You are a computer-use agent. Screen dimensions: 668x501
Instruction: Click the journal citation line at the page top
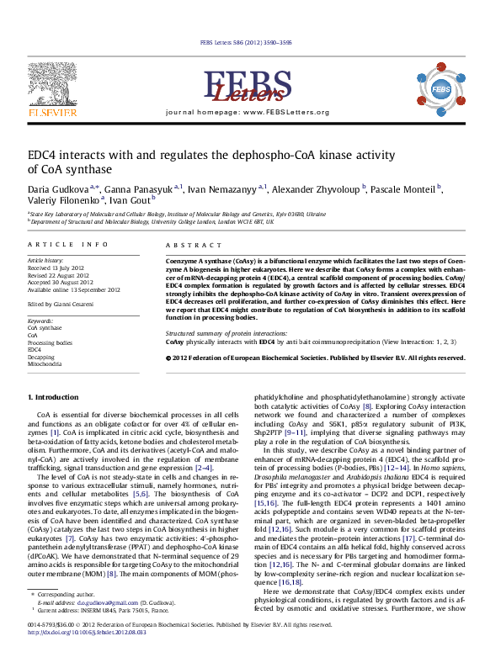(x=249, y=41)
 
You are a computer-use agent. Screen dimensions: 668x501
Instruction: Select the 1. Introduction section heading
(x=54, y=396)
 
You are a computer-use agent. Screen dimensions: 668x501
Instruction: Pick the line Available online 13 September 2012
(x=74, y=289)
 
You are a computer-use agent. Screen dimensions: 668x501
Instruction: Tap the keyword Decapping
(x=42, y=357)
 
